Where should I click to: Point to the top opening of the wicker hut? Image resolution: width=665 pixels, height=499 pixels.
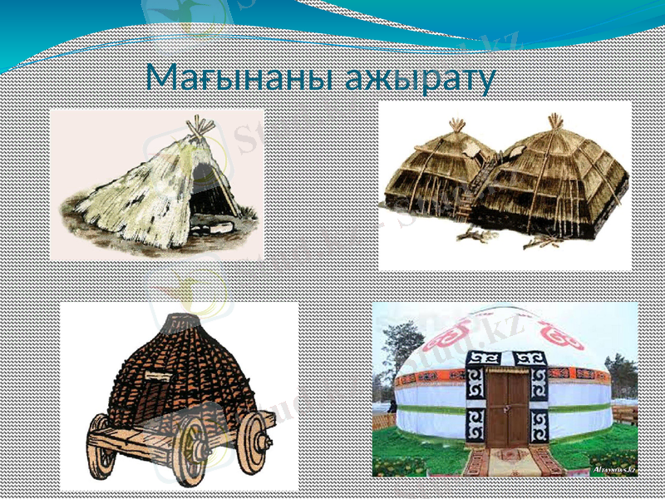[182, 319]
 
